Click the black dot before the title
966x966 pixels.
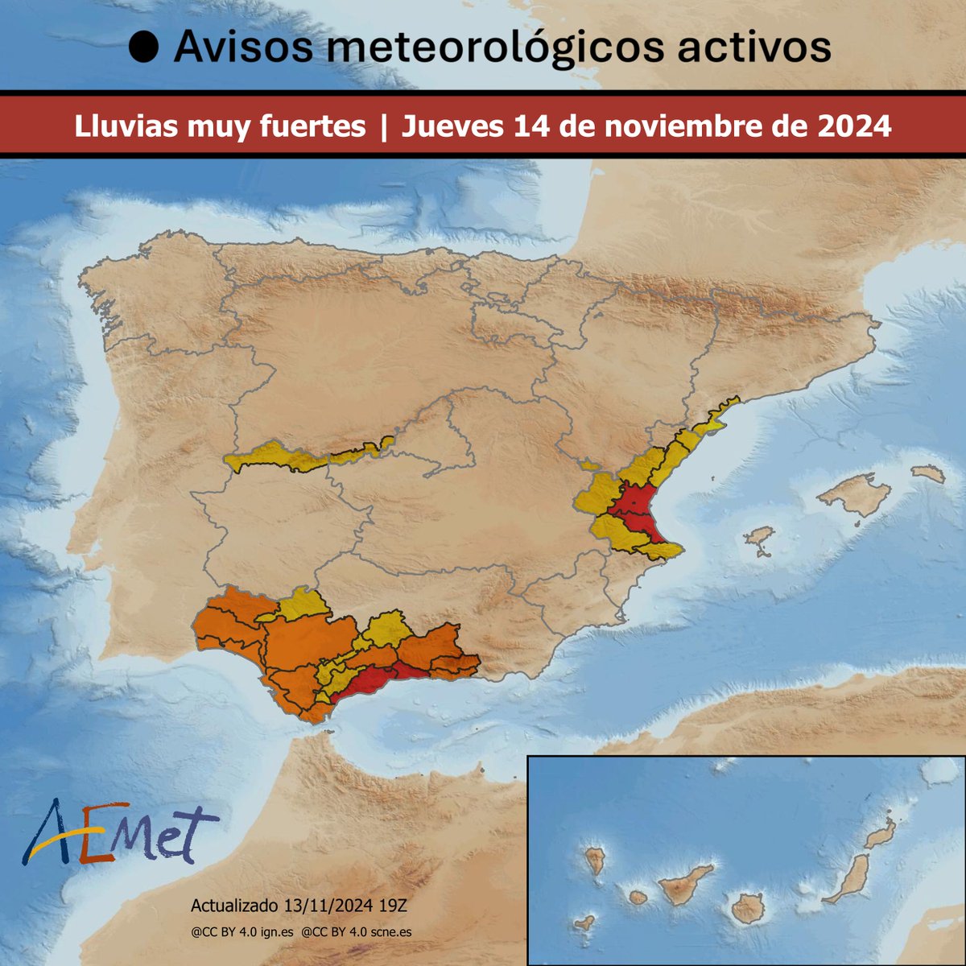144,48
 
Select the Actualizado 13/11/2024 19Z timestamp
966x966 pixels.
303,906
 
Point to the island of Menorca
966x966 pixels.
929,474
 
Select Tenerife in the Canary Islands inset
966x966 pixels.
684,885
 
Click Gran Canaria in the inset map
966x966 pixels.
747,907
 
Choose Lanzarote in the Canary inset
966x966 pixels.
882,833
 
